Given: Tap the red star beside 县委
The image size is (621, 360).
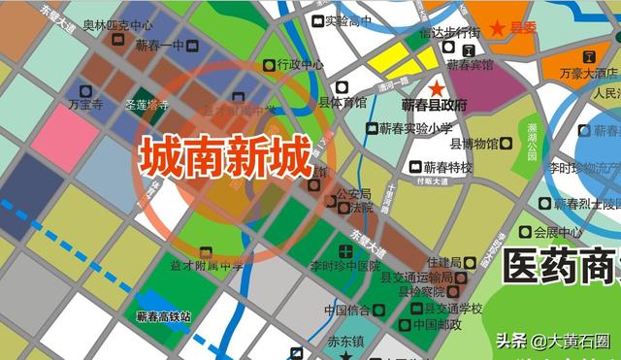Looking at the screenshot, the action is pyautogui.click(x=499, y=28).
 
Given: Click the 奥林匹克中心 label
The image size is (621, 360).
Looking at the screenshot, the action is pyautogui.click(x=117, y=24).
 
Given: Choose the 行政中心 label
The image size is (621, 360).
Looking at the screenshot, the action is pyautogui.click(x=300, y=65).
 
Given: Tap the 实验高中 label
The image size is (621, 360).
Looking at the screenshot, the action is pyautogui.click(x=347, y=19).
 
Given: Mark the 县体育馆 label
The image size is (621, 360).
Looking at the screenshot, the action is pyautogui.click(x=343, y=101).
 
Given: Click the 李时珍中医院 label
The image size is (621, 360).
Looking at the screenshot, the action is pyautogui.click(x=345, y=266).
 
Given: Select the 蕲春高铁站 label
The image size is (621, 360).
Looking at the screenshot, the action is pyautogui.click(x=163, y=316).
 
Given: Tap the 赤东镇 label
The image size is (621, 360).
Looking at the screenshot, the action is pyautogui.click(x=344, y=341).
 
